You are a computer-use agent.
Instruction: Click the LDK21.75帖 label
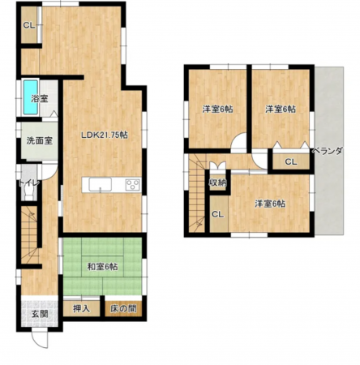point(105,135)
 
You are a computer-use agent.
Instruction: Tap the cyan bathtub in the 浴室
point(30,97)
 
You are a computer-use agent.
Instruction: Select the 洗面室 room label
point(40,140)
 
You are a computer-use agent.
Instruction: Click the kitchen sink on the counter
point(101,185)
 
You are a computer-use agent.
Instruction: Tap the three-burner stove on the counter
point(133,185)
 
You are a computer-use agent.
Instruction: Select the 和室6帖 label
point(102,267)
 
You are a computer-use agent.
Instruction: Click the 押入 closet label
point(81,308)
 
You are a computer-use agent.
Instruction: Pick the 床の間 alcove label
point(123,308)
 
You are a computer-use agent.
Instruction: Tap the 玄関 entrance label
point(40,314)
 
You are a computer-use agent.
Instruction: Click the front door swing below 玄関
point(40,339)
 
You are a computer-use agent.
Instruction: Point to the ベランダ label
point(328,151)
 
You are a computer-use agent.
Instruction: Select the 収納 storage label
point(218,182)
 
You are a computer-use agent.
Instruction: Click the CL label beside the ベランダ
point(291,162)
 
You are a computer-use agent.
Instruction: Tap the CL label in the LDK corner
point(28,26)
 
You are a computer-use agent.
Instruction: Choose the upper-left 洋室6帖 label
point(218,109)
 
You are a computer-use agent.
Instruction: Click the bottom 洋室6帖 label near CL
point(270,204)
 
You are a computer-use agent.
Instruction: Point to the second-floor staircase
point(197,194)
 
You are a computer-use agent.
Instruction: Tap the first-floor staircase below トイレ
point(30,234)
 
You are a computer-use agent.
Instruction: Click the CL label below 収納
point(217,214)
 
